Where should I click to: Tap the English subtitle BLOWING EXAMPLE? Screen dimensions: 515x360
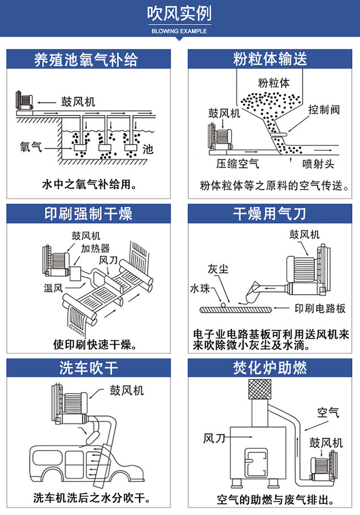(179, 31)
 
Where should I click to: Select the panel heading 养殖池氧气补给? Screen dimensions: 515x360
(86, 60)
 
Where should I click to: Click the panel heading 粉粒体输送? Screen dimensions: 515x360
(270, 60)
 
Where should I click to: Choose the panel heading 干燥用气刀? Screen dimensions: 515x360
(270, 214)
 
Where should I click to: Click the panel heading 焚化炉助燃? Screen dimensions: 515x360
(270, 368)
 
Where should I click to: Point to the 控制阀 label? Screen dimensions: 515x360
(324, 109)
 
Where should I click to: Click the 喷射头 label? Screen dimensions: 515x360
(318, 164)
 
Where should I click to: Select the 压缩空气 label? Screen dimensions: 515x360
(237, 164)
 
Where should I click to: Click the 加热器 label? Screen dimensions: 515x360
(95, 248)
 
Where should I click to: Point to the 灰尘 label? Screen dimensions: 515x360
(217, 269)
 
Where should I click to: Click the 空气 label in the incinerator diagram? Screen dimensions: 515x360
(328, 412)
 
